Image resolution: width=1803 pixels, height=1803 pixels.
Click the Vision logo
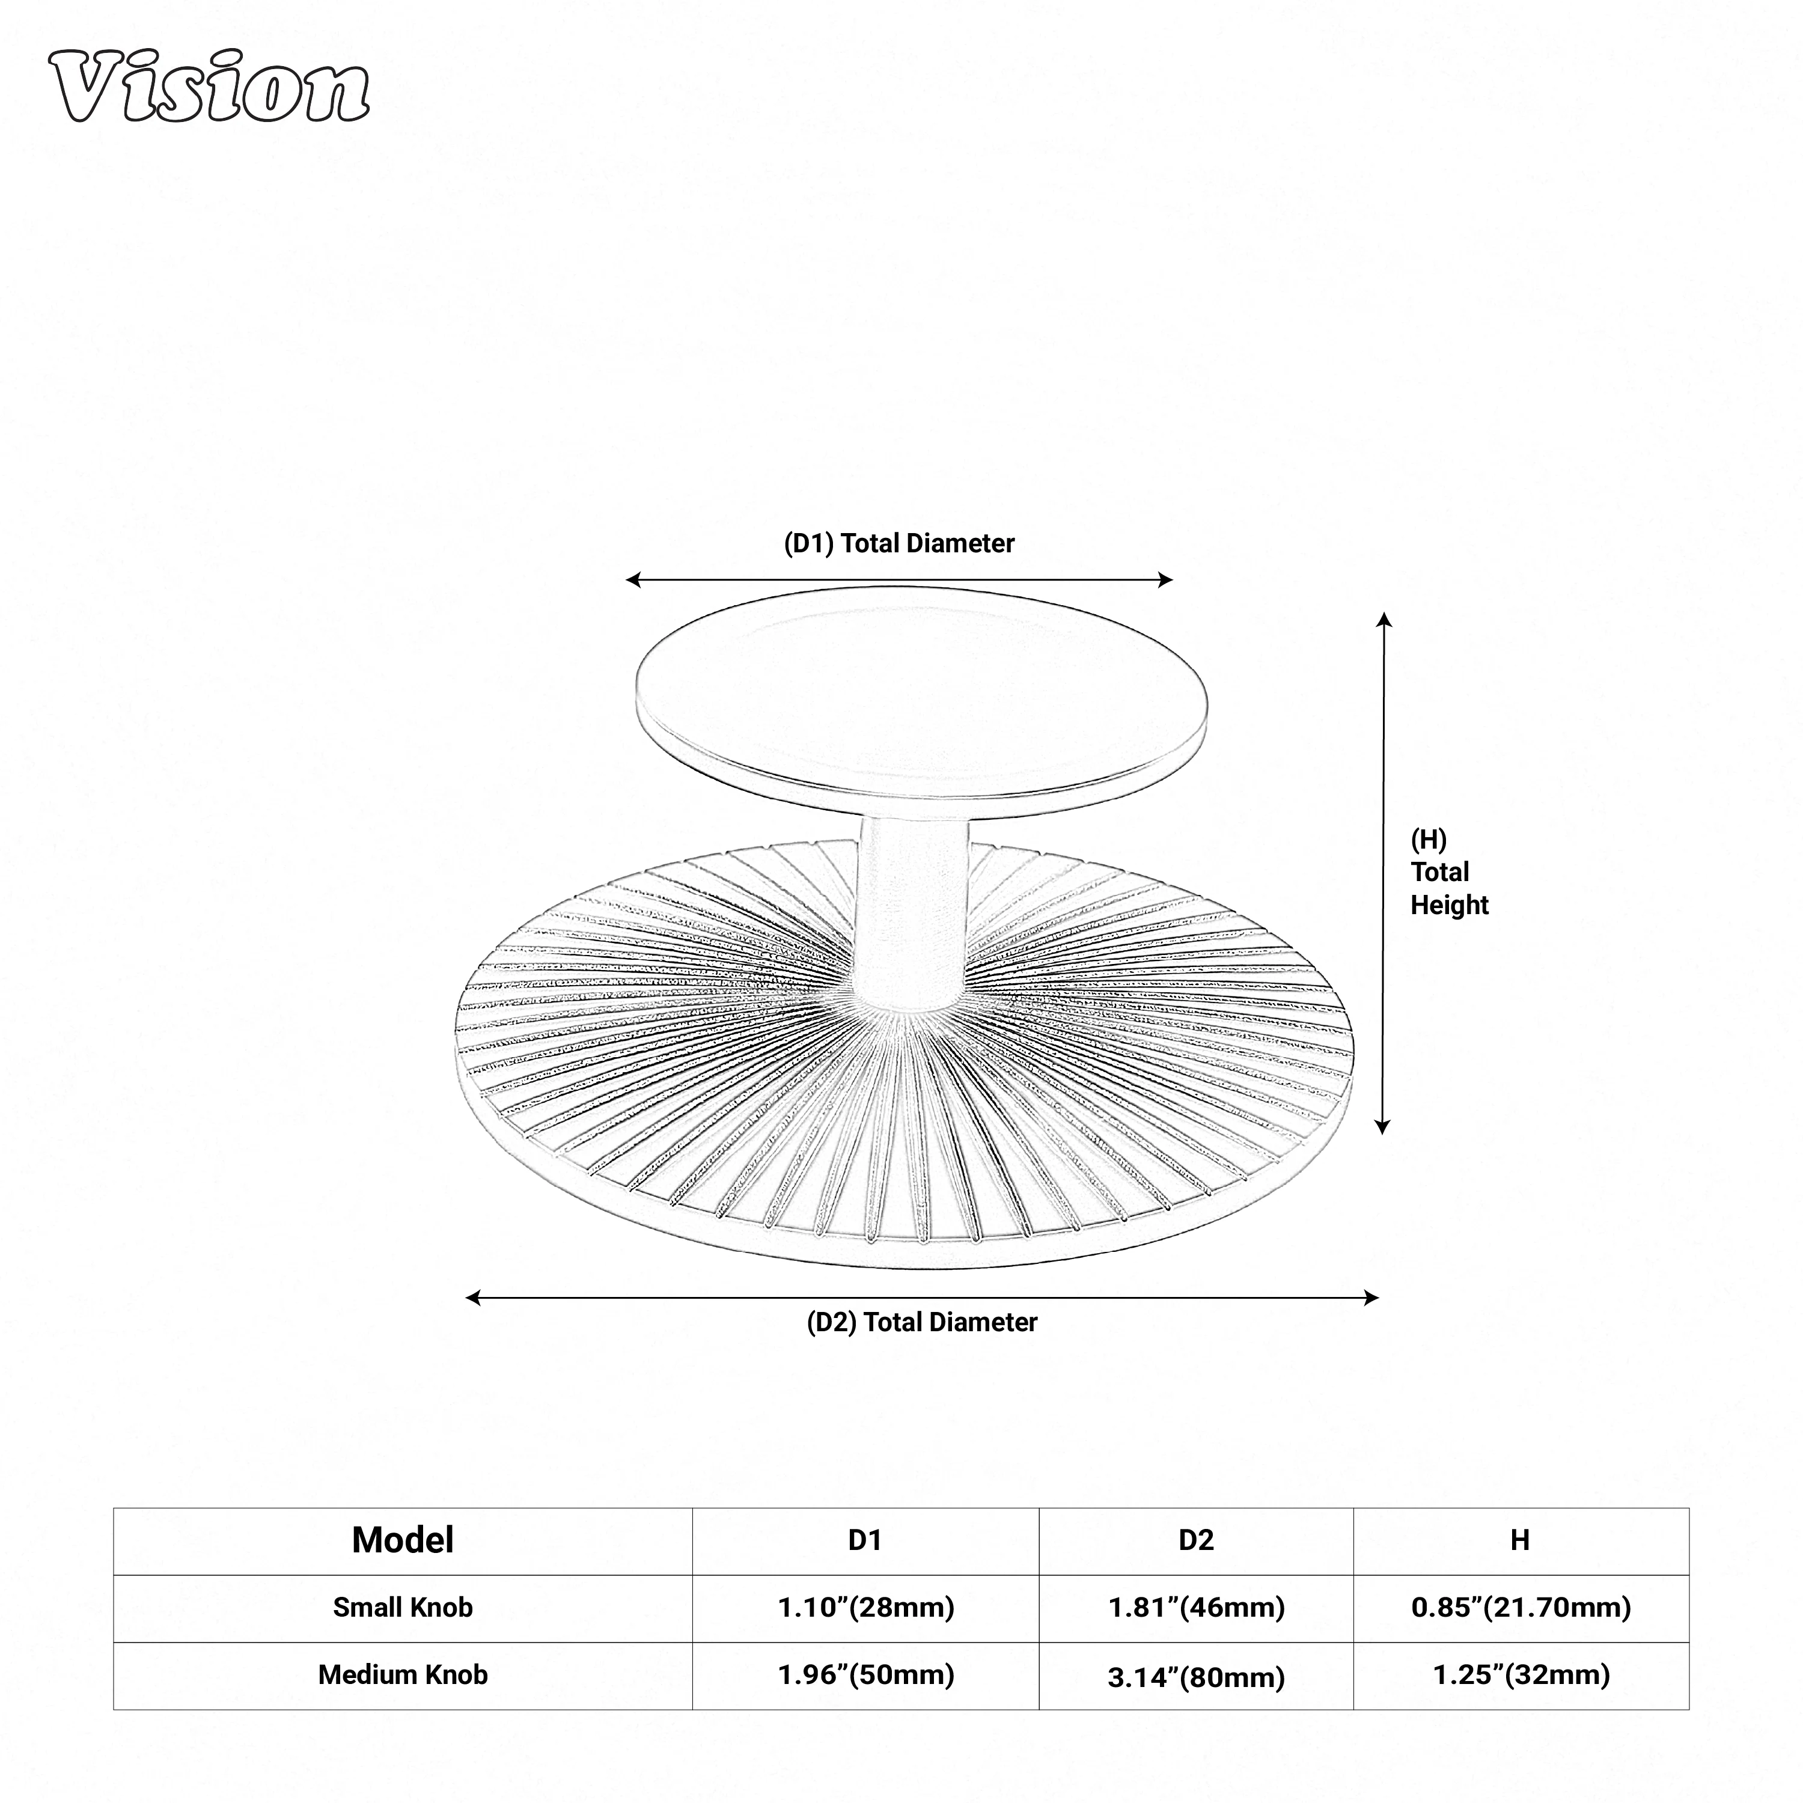coord(209,87)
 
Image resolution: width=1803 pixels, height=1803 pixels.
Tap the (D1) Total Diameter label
coord(898,543)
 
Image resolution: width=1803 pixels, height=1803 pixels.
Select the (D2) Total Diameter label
coord(922,1322)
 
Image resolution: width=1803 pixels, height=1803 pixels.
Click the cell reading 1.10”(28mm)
coord(866,1608)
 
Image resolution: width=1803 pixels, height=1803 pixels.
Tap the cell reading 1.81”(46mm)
coord(1197,1608)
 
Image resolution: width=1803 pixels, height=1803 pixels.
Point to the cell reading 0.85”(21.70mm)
coord(1521,1608)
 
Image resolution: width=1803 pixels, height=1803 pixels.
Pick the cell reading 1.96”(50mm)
coord(866,1675)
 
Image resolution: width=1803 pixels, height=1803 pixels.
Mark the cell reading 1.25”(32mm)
coord(1521,1675)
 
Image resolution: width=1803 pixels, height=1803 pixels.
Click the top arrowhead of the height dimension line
coord(1384,620)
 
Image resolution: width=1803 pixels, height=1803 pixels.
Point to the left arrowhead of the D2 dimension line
coord(473,1297)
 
